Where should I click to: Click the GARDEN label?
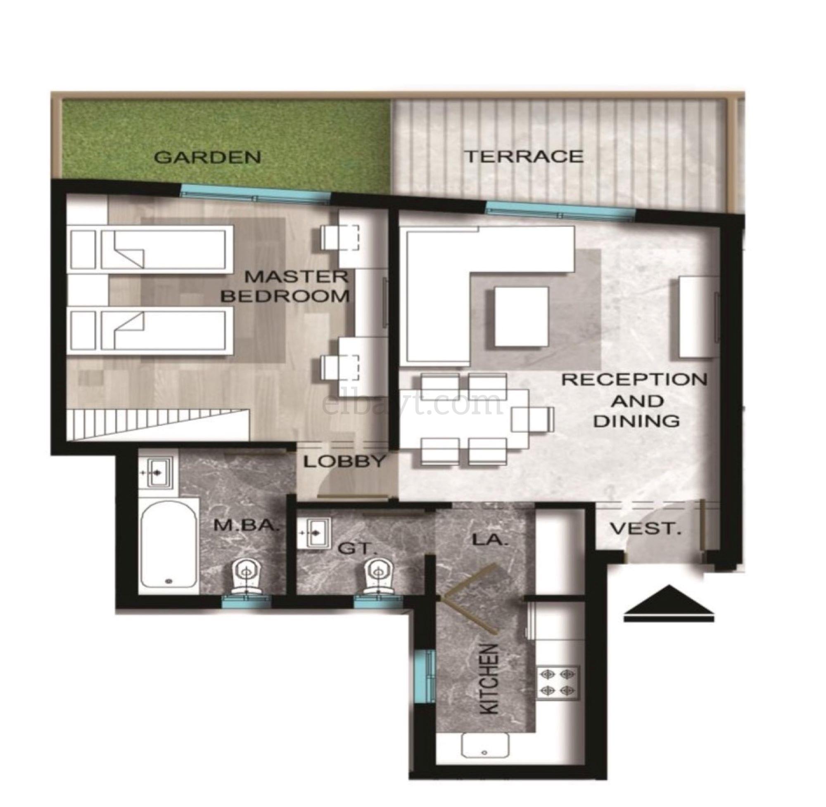point(207,157)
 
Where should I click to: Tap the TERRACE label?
point(525,156)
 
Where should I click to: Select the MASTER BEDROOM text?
point(285,286)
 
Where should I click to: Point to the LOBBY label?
point(344,461)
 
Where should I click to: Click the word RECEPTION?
point(634,379)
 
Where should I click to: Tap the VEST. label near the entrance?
point(645,529)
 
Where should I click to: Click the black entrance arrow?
point(669,604)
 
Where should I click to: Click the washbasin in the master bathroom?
point(156,472)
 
